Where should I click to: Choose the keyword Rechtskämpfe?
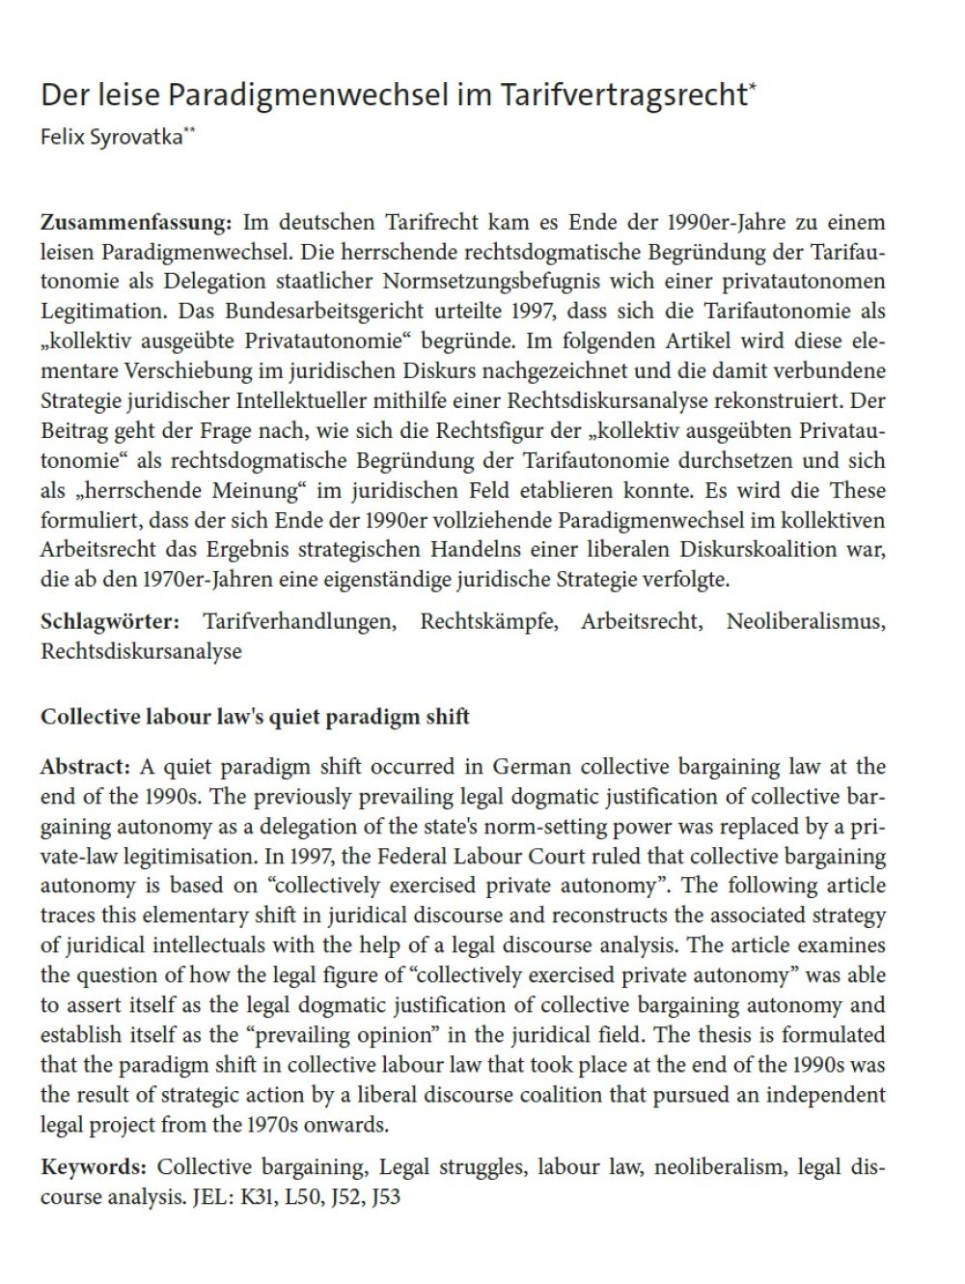488,620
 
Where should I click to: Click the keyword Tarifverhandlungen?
299,620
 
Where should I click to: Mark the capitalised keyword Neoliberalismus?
805,620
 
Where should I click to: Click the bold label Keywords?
93,1167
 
